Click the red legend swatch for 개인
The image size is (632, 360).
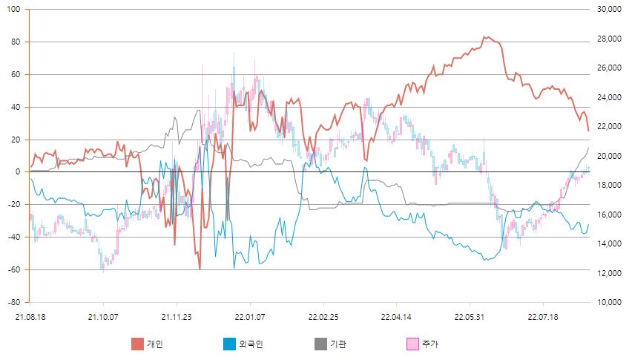pyautogui.click(x=137, y=344)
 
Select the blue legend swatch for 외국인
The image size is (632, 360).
pyautogui.click(x=229, y=344)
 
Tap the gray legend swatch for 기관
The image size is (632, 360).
pyautogui.click(x=320, y=344)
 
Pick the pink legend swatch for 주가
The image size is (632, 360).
pyautogui.click(x=412, y=344)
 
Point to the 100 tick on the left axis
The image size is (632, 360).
pyautogui.click(x=13, y=9)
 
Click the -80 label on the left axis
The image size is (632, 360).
pyautogui.click(x=13, y=302)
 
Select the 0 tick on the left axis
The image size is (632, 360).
pyautogui.click(x=17, y=171)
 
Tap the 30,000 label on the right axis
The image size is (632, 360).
pyautogui.click(x=609, y=9)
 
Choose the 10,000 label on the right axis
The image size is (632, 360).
pyautogui.click(x=609, y=302)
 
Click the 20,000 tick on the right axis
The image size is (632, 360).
pyautogui.click(x=609, y=156)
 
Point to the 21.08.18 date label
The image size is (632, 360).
pyautogui.click(x=30, y=317)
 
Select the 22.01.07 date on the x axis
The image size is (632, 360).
pyautogui.click(x=250, y=317)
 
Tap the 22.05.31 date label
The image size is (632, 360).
pyautogui.click(x=470, y=317)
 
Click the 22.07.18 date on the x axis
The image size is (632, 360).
pyautogui.click(x=543, y=317)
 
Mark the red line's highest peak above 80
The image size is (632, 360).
pyautogui.click(x=485, y=36)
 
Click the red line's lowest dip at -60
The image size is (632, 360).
pyautogui.click(x=200, y=269)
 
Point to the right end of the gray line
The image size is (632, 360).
pyautogui.click(x=588, y=148)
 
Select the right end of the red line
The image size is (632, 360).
pyautogui.click(x=588, y=131)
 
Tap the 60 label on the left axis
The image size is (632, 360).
pyautogui.click(x=16, y=74)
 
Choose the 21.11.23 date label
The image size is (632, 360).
pyautogui.click(x=177, y=317)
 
